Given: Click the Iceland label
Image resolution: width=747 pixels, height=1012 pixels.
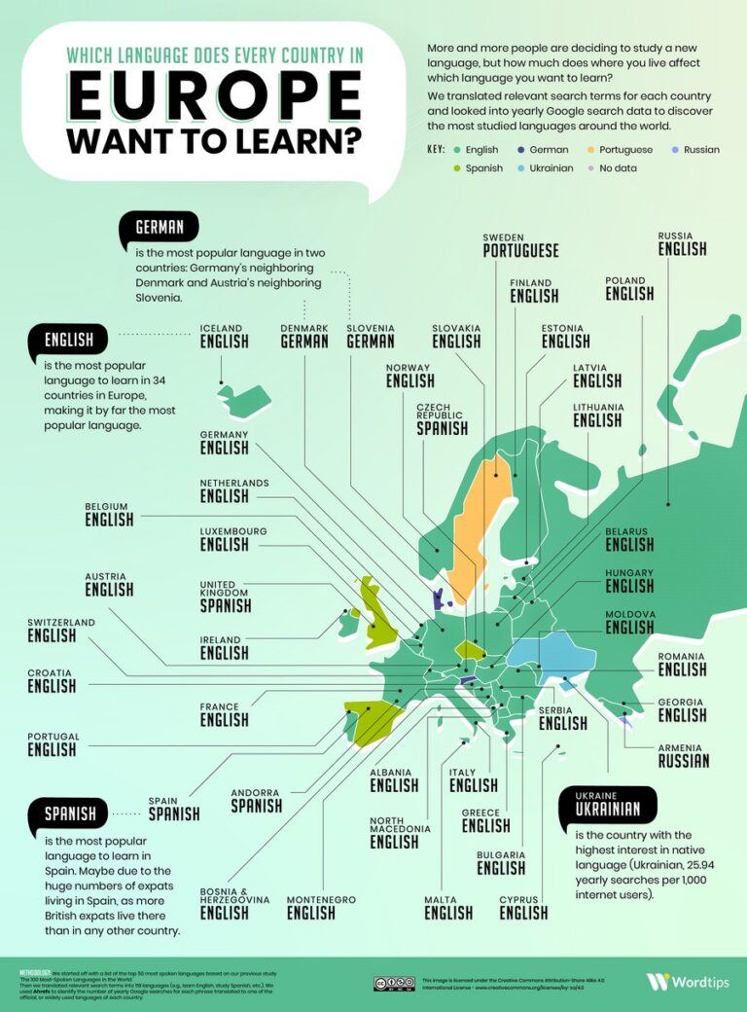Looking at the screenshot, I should (x=223, y=336).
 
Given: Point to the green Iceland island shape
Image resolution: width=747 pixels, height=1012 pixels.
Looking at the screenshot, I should (x=243, y=398).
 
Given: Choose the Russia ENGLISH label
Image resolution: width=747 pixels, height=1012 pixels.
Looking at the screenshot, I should (x=682, y=243).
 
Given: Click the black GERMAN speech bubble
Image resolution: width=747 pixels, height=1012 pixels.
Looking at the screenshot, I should (x=160, y=230).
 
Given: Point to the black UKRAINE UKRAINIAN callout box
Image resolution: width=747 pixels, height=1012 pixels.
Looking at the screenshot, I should (x=608, y=804).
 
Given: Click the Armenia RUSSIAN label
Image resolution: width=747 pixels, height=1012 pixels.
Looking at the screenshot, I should (x=683, y=755).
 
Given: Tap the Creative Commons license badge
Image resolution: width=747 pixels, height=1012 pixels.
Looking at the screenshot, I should (x=394, y=983).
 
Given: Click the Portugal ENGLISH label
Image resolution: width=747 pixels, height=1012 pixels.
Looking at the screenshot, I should (x=53, y=744).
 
